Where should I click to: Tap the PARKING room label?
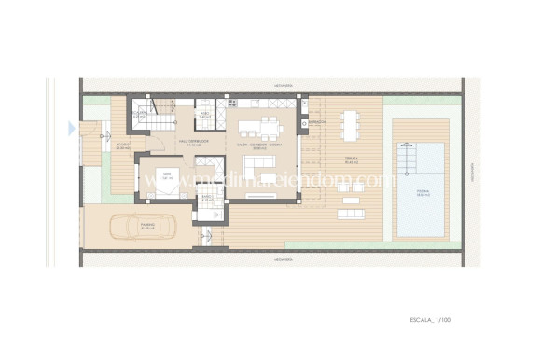147,226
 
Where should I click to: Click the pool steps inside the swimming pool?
408,158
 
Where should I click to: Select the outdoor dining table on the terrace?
350,123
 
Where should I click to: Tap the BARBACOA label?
316,122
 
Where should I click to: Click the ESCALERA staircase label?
140,113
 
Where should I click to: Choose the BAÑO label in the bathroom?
206,198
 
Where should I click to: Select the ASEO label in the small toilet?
204,115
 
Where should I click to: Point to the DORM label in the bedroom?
168,173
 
